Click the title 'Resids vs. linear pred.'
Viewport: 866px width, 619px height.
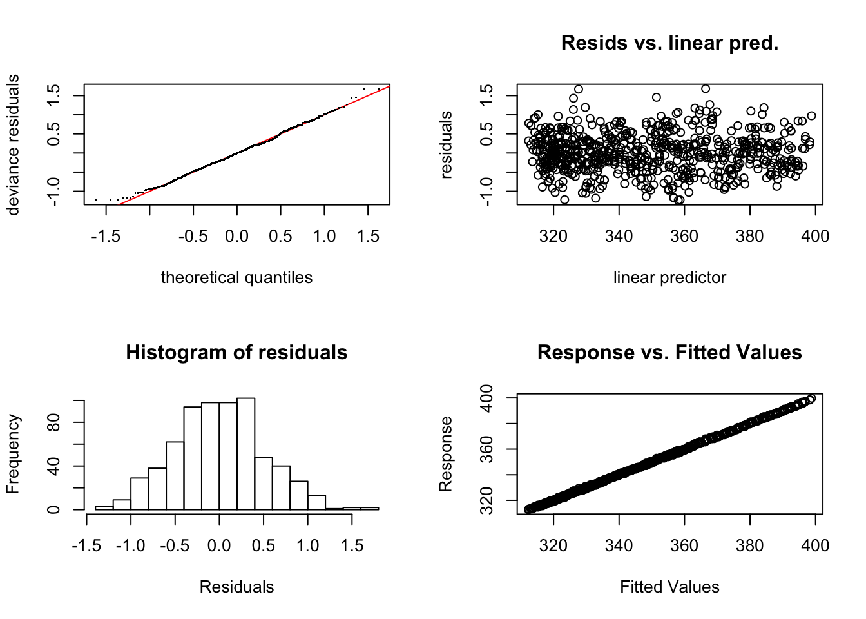pos(669,43)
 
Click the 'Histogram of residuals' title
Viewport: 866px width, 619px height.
pos(236,353)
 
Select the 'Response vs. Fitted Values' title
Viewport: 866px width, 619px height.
pos(669,353)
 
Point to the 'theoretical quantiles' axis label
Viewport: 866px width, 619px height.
pos(236,277)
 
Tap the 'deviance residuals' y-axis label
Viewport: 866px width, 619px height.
pos(13,144)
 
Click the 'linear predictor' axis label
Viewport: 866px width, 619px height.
pos(669,277)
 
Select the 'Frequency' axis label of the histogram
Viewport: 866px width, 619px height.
pos(13,454)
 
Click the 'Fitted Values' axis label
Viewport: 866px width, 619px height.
pos(669,587)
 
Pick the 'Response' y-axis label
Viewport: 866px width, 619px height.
pos(446,454)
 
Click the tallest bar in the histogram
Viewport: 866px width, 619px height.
pos(245,454)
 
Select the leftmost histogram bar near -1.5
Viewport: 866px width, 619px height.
pos(104,507)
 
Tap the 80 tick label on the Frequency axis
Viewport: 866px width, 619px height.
pos(54,422)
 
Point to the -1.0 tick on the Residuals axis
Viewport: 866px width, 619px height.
pos(130,545)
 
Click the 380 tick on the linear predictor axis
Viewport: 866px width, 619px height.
pos(749,236)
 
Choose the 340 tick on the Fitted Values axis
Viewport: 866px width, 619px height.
pos(619,545)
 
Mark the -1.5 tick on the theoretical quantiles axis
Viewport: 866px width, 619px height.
pos(106,236)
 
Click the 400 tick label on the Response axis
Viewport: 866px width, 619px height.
pos(487,398)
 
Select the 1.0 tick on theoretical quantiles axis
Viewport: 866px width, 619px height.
pos(324,236)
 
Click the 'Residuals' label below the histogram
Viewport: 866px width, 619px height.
pos(236,587)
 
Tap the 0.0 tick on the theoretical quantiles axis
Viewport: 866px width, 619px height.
pos(236,236)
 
